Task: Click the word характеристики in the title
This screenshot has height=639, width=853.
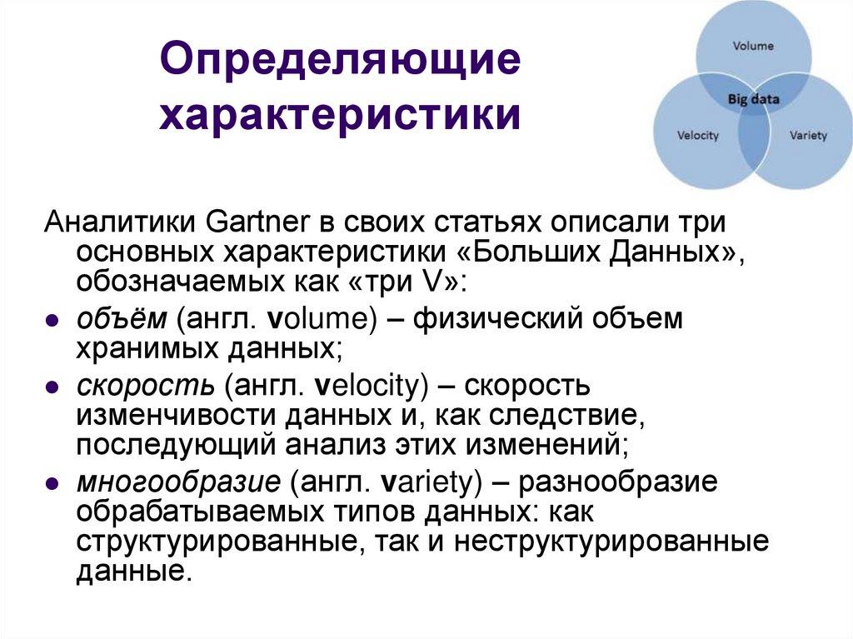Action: [341, 115]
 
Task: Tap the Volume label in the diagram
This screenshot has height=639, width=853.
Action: [752, 47]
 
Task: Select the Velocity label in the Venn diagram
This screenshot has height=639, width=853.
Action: [697, 135]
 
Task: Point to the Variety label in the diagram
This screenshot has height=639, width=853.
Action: [807, 135]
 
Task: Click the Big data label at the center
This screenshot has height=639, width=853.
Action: [753, 99]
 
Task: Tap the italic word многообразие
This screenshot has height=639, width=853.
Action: [177, 483]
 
